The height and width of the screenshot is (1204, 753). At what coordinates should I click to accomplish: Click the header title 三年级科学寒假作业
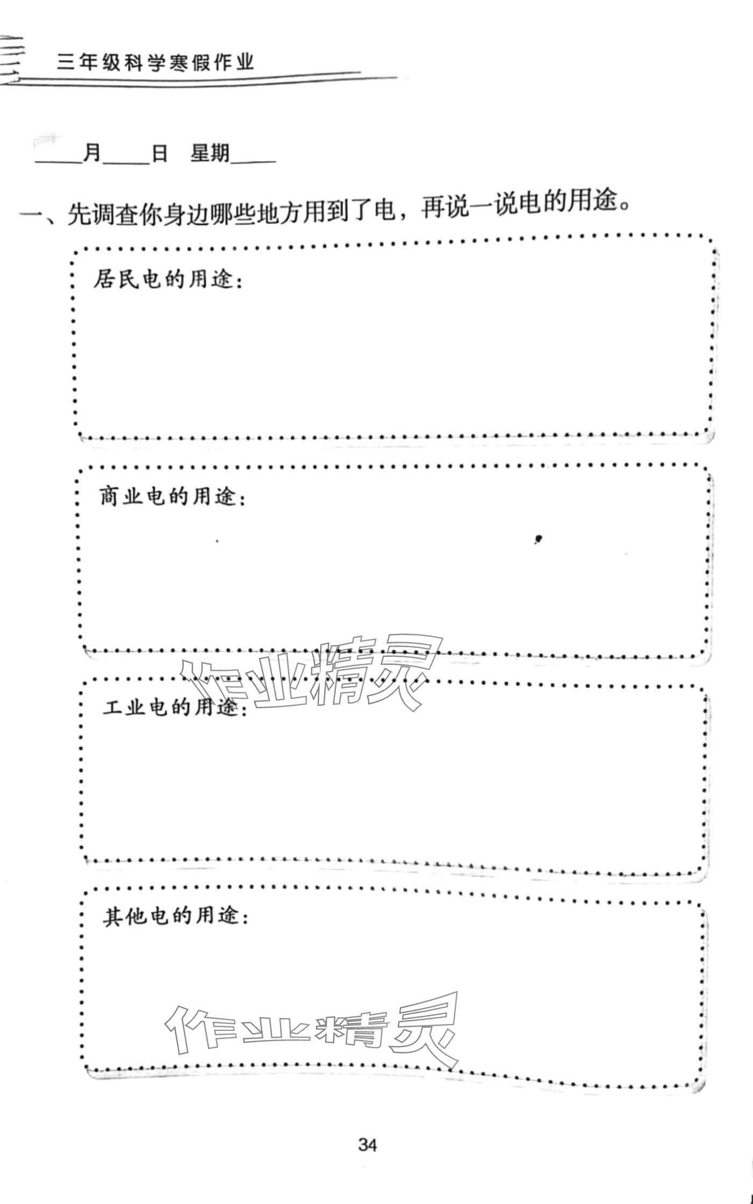[x=155, y=64]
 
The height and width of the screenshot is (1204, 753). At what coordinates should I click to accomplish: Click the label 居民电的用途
[x=167, y=280]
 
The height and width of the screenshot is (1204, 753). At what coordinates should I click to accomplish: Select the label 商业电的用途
[x=173, y=497]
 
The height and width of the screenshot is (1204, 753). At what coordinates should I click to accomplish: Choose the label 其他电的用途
[x=175, y=916]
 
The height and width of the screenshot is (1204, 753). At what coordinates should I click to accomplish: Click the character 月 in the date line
[x=92, y=154]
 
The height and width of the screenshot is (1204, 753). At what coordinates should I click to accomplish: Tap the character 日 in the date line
[x=160, y=154]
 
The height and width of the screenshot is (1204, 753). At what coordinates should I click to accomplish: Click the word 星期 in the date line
[x=210, y=154]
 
